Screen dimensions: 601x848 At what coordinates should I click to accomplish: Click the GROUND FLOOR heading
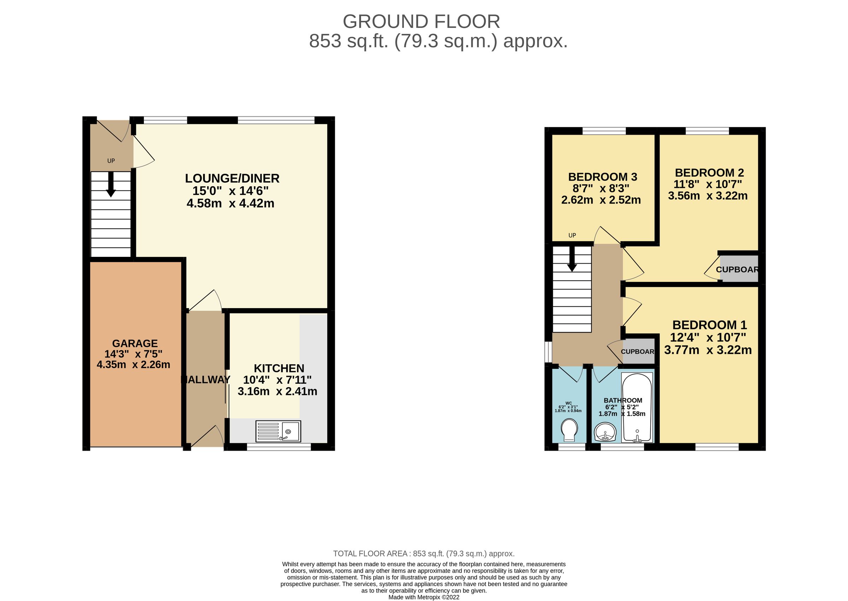(x=421, y=22)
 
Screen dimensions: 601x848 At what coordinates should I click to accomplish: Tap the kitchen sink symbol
(x=278, y=431)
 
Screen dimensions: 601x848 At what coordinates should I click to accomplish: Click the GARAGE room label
(x=135, y=343)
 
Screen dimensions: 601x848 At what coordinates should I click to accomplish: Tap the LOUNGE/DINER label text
(x=232, y=178)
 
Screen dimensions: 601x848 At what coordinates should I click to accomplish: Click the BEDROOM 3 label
(x=603, y=177)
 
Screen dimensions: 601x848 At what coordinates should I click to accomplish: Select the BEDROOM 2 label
(x=709, y=173)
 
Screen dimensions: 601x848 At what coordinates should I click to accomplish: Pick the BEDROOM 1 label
(x=709, y=325)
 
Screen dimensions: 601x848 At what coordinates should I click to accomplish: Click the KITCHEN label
(x=279, y=368)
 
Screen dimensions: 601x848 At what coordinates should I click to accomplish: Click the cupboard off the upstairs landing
(x=638, y=352)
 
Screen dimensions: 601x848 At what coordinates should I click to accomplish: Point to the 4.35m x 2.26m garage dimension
(x=133, y=365)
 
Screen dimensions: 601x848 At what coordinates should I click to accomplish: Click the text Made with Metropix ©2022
(x=424, y=597)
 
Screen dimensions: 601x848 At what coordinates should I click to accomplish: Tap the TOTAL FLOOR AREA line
(x=424, y=554)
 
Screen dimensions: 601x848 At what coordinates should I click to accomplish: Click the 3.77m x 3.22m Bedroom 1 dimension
(x=707, y=350)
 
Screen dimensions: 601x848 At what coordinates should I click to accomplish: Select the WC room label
(x=568, y=403)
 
